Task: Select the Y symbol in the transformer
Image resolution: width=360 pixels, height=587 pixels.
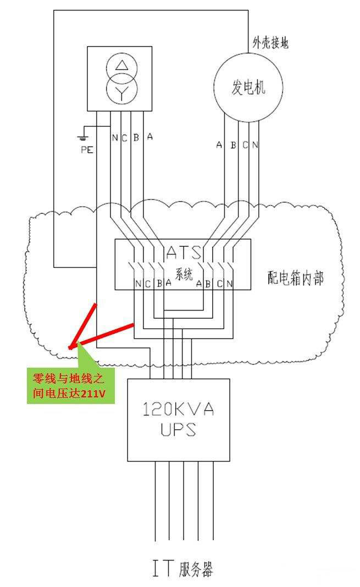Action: pos(120,91)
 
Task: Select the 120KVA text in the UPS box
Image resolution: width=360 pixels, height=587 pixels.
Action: pos(179,409)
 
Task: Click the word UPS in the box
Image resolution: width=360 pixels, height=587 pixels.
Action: pos(179,429)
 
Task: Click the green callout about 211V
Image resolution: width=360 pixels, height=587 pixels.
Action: pos(71,385)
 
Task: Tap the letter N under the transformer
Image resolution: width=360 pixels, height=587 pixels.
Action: pos(115,137)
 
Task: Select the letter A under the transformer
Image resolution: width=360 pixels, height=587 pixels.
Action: pos(149,137)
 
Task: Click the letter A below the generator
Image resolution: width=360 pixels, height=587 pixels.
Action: pos(219,145)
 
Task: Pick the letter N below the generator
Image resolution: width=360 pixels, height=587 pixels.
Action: pos(255,145)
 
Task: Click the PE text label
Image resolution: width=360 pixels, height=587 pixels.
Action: pos(87,149)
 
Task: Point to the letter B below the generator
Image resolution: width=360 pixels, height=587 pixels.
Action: pos(233,145)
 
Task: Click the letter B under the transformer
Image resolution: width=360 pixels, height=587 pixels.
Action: pos(136,137)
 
